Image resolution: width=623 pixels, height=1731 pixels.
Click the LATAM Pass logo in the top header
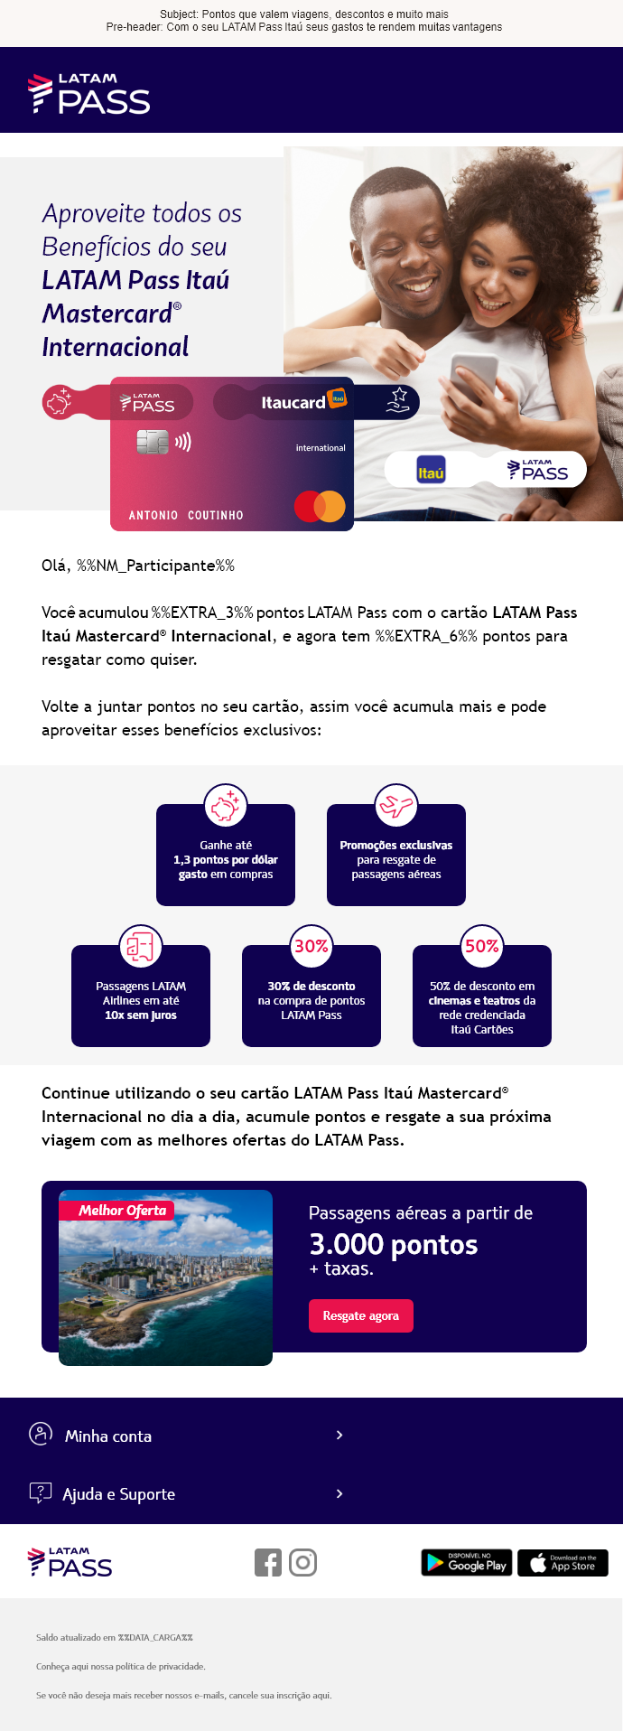click(x=89, y=94)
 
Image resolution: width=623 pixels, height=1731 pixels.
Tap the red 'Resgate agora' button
click(x=361, y=1315)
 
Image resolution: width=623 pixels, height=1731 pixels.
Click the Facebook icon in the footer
click(x=268, y=1562)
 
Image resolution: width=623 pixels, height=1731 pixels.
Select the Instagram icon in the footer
click(x=302, y=1562)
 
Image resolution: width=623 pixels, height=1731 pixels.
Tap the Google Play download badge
click(x=467, y=1562)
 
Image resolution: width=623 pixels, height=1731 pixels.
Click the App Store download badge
click(x=563, y=1562)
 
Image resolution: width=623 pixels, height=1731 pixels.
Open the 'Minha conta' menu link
click(x=108, y=1436)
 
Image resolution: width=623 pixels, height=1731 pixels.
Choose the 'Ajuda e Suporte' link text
click(x=118, y=1493)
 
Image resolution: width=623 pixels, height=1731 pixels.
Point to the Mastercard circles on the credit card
click(x=320, y=506)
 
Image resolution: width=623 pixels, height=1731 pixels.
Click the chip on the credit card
click(x=153, y=442)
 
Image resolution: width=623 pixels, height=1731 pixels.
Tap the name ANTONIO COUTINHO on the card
click(x=186, y=515)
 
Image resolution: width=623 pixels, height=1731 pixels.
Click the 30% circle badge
click(x=311, y=946)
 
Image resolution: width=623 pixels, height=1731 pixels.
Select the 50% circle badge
click(x=482, y=946)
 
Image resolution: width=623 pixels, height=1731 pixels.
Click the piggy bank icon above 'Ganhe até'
click(x=226, y=805)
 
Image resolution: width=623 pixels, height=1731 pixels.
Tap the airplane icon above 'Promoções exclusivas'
click(x=396, y=805)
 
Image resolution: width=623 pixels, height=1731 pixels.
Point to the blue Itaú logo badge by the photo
click(x=431, y=471)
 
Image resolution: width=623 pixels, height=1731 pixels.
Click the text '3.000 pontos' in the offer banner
click(x=394, y=1245)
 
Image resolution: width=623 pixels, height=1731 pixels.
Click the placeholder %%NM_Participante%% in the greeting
click(x=155, y=566)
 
